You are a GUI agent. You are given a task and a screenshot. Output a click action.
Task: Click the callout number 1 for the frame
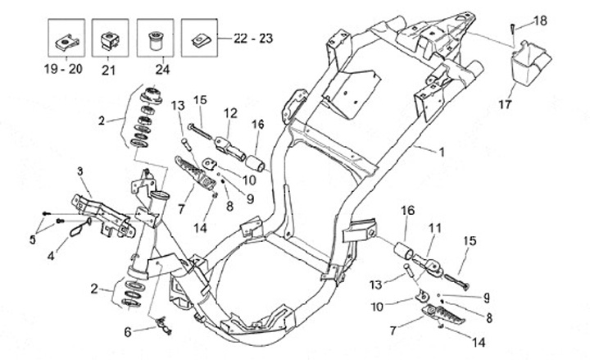[442, 153]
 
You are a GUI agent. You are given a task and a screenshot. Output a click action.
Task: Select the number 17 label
[506, 103]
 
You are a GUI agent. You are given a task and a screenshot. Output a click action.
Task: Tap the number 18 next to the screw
[540, 20]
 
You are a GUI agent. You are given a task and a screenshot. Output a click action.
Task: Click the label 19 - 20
[63, 70]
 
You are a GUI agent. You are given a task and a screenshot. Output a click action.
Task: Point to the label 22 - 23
[254, 38]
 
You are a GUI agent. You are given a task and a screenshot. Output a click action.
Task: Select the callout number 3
[80, 171]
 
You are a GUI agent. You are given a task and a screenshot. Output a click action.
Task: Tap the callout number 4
[51, 255]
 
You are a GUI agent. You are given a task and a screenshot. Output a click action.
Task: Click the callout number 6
[128, 332]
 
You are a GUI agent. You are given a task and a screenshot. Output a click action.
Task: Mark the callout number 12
[230, 112]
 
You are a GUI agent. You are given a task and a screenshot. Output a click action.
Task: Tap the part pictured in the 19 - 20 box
[63, 38]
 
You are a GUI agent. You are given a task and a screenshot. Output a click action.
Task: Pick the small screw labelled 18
[514, 28]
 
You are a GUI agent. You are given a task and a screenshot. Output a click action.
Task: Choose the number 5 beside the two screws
[33, 239]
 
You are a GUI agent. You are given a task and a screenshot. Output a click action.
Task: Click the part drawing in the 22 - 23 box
[202, 38]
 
